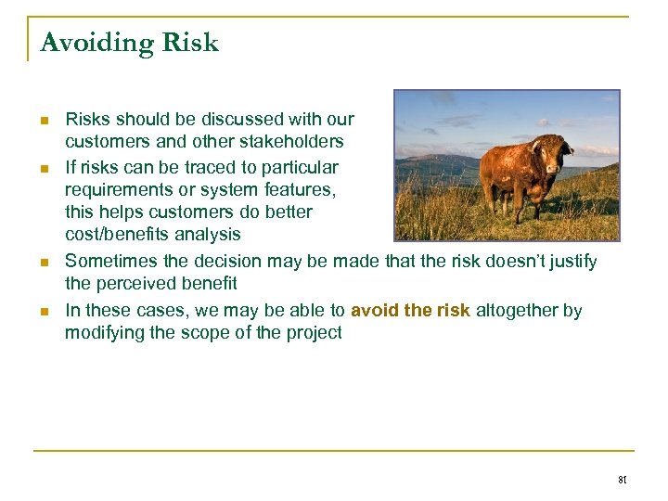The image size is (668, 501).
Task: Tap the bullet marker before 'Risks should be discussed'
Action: (x=45, y=121)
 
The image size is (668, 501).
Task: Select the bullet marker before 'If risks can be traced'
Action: (x=45, y=169)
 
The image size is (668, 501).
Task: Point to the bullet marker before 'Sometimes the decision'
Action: (x=45, y=263)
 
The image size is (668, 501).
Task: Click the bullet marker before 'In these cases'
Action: (x=45, y=311)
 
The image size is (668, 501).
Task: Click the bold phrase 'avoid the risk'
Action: (x=410, y=311)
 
